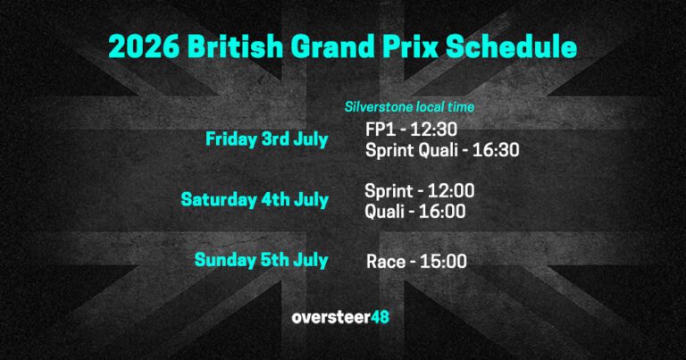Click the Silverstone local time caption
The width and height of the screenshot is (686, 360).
(409, 107)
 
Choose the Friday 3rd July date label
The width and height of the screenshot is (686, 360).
(266, 139)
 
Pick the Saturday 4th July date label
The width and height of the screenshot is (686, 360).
(254, 200)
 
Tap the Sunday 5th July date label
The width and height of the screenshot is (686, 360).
(261, 260)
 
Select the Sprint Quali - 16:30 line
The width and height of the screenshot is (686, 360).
(441, 150)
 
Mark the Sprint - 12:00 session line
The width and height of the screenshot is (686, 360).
(419, 190)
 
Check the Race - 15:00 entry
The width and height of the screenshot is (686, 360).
(417, 262)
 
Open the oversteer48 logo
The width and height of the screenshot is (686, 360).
(340, 317)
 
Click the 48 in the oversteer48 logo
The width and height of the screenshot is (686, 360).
(378, 317)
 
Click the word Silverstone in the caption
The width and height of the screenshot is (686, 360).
(376, 107)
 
